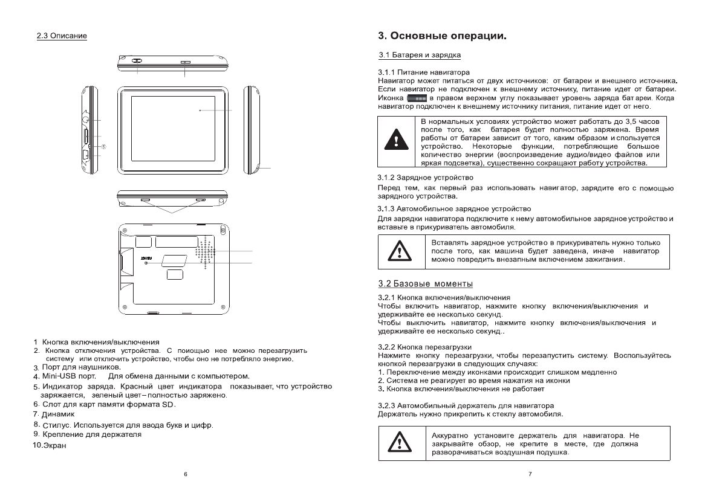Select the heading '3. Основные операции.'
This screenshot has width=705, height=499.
point(441,36)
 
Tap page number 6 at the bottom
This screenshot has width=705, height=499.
point(186,474)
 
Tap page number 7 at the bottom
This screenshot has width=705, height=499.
point(530,474)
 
